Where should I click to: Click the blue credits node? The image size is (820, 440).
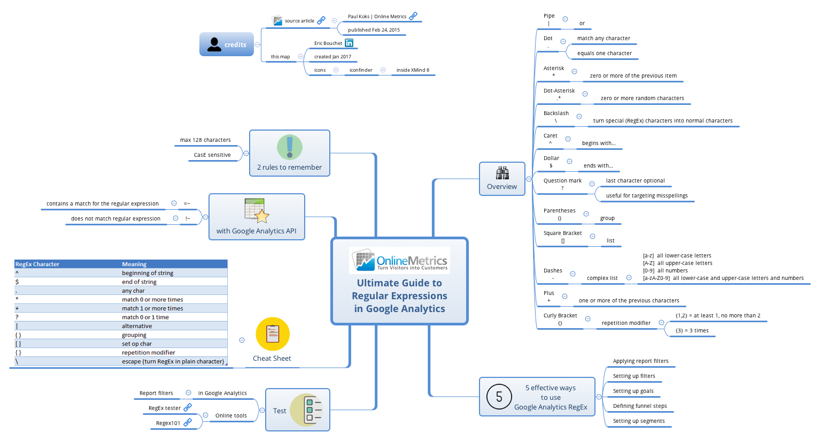pos(226,44)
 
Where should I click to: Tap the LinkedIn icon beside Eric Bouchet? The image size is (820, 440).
pos(349,43)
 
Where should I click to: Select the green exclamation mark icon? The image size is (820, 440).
pos(290,147)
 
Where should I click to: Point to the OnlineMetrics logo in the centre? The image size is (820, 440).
pos(399,261)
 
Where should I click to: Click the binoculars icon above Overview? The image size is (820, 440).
pos(502,173)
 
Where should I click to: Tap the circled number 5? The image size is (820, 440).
pos(499,397)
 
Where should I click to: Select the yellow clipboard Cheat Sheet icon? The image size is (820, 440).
pos(273,334)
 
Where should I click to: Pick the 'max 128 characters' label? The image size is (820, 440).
pos(205,140)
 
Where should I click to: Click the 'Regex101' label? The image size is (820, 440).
pos(168,423)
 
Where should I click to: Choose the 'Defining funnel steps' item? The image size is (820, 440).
pos(640,406)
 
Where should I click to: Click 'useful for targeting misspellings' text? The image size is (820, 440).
pos(646,196)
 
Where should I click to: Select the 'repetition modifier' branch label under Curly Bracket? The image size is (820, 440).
pos(626,323)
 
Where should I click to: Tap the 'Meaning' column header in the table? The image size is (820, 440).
pos(134,264)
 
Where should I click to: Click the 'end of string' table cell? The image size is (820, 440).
pos(139,282)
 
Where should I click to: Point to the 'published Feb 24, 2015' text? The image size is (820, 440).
pos(374,30)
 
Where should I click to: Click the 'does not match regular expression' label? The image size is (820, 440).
pos(115,219)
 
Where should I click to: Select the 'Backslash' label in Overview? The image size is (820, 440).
pos(556,113)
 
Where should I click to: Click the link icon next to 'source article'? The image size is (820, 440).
pos(321,20)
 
